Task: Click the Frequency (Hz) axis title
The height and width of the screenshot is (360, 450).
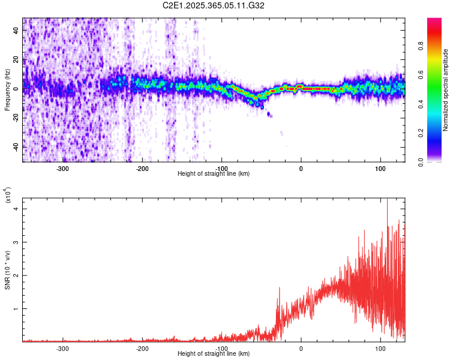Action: pyautogui.click(x=7, y=90)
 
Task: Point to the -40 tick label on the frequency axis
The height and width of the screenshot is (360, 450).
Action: pyautogui.click(x=16, y=146)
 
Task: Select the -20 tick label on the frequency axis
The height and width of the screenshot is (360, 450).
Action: pyautogui.click(x=16, y=118)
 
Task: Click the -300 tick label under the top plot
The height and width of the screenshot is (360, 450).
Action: pyautogui.click(x=62, y=169)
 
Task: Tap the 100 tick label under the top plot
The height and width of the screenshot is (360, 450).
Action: pyautogui.click(x=380, y=169)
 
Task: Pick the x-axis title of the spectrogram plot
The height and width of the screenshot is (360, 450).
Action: pyautogui.click(x=214, y=174)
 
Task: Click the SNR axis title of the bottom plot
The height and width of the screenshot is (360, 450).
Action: pyautogui.click(x=7, y=270)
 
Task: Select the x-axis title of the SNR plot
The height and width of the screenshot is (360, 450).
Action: pyautogui.click(x=214, y=354)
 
